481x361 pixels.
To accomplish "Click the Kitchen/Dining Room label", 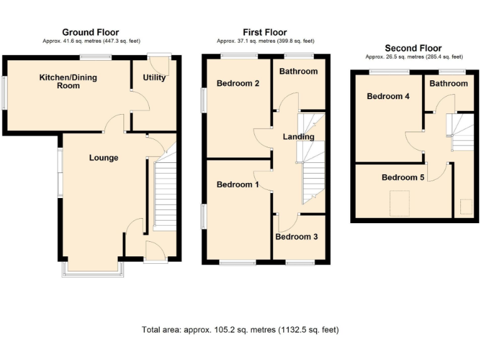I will coord(68,81).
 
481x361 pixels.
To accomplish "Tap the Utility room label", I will coord(154,78).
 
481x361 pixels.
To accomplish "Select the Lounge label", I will coord(103,158).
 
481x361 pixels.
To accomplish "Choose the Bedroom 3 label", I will coord(296,237).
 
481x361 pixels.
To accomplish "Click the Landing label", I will coord(298,137).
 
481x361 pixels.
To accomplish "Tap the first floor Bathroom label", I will coord(298,71).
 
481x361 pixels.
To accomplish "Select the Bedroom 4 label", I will coord(388,97).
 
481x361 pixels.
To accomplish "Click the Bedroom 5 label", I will coord(403,177).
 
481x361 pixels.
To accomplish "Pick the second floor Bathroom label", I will coord(448,83).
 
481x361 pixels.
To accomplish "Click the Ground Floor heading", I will coord(90,33).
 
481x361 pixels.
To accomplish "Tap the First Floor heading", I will coord(265,33).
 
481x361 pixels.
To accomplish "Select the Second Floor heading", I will coord(413,48).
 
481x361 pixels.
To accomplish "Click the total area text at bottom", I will coord(240,330).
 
